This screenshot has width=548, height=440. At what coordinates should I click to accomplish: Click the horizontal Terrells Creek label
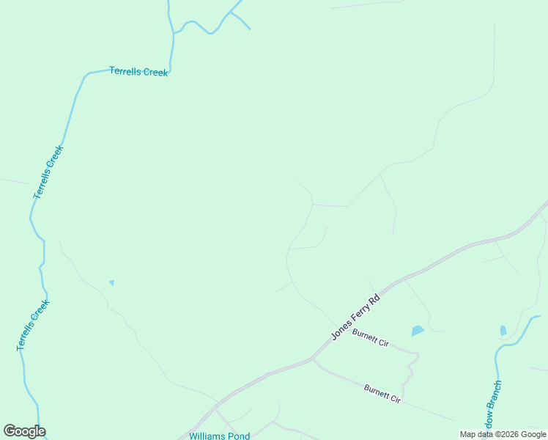(x=138, y=71)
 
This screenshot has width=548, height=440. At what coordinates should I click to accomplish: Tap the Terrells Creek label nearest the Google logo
(x=33, y=325)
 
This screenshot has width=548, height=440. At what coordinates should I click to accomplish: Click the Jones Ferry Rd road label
(x=356, y=317)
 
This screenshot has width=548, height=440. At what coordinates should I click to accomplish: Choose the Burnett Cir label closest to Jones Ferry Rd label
(x=370, y=338)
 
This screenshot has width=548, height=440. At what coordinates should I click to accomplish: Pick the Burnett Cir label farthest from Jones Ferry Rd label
(x=382, y=392)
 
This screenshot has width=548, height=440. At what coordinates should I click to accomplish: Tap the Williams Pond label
(x=219, y=436)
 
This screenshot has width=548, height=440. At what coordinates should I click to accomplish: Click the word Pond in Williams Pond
(x=238, y=436)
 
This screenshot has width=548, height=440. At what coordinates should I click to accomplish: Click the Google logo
(x=24, y=431)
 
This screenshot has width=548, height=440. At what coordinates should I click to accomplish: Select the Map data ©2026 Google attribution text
(x=503, y=434)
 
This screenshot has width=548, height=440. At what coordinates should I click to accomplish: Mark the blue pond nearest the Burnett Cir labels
(x=418, y=331)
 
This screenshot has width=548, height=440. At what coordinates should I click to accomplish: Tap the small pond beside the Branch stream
(x=503, y=330)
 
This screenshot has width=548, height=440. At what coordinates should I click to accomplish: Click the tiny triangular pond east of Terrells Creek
(x=111, y=282)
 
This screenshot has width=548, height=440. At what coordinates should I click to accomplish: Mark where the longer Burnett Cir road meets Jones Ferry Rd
(x=312, y=359)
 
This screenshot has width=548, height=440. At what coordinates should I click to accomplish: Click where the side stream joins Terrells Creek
(x=174, y=34)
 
